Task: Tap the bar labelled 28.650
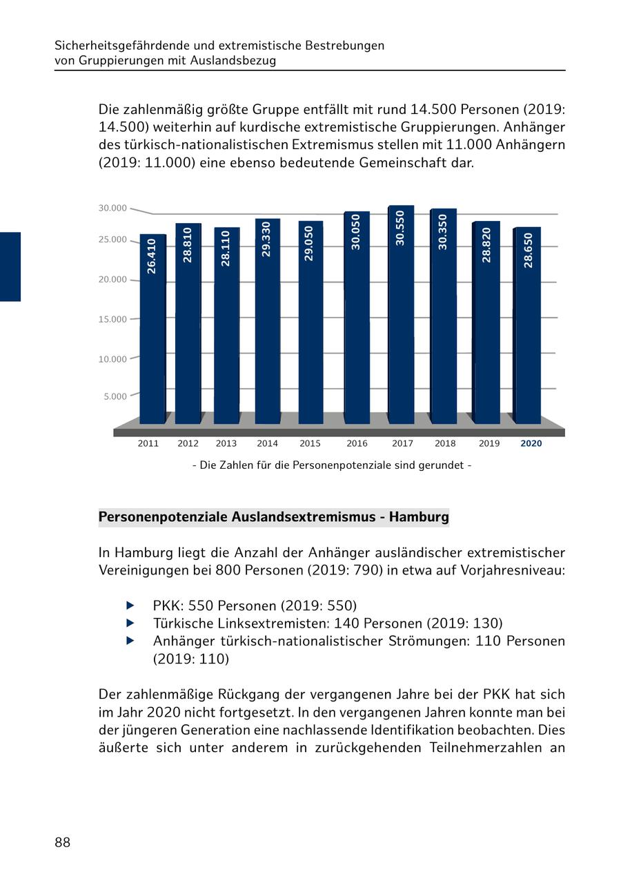528,325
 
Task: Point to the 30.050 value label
356,232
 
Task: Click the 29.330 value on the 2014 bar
266,239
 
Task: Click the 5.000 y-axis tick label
115,397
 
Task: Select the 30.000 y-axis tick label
112,209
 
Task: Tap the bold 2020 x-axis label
531,444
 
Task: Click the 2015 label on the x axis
310,444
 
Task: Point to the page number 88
62,842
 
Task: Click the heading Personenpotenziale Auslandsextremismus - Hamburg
273,517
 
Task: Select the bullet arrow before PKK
130,606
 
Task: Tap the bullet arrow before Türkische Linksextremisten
130,623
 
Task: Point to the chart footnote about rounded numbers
332,465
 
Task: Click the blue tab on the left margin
10,267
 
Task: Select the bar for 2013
226,325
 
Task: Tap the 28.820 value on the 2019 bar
486,244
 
